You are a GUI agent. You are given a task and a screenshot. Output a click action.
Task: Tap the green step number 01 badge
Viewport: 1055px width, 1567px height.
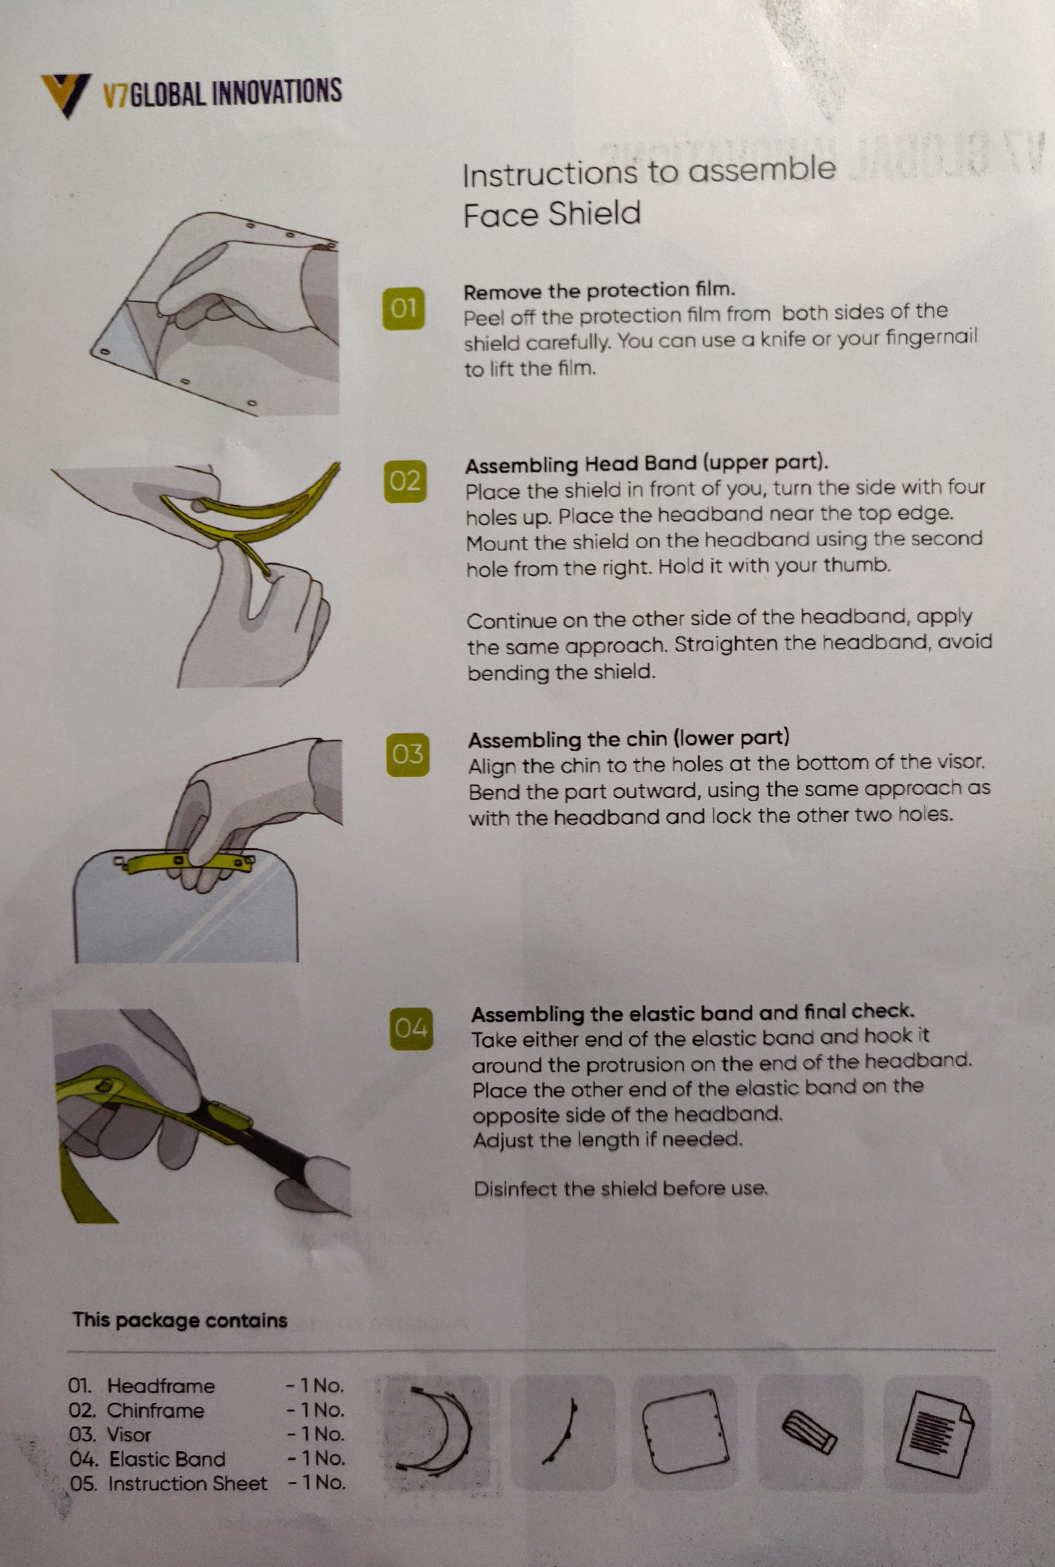click(x=404, y=309)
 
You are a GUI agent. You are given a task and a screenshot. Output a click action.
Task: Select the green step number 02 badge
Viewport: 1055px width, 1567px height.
click(x=405, y=482)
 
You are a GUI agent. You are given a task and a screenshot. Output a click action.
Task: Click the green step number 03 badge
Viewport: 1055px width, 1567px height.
click(x=408, y=755)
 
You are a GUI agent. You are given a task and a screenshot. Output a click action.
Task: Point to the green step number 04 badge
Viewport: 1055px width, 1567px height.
click(x=411, y=1028)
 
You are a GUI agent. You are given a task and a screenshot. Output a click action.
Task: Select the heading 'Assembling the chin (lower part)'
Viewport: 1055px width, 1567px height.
click(x=628, y=739)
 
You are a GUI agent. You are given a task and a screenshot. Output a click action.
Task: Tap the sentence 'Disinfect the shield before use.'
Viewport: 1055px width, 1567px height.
click(x=620, y=1188)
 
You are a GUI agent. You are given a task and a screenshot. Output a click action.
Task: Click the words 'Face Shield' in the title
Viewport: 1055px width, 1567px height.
click(x=552, y=214)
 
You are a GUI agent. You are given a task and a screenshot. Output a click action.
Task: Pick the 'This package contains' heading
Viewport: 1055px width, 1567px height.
click(x=180, y=1320)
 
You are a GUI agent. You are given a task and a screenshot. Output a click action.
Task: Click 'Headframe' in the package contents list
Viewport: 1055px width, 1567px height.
click(x=161, y=1386)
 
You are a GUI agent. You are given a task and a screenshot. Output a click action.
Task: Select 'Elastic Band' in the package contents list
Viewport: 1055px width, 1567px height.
click(x=167, y=1459)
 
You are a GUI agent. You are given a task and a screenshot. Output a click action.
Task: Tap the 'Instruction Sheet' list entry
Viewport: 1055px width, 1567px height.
click(x=188, y=1483)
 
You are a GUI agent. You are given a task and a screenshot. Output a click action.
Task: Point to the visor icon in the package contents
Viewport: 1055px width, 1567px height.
click(x=686, y=1431)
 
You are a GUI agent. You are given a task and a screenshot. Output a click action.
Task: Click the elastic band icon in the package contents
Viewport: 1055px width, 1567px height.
click(x=809, y=1432)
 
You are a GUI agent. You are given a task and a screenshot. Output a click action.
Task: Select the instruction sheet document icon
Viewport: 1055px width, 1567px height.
click(x=935, y=1433)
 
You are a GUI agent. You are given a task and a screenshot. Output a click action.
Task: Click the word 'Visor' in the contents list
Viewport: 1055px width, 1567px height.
click(x=129, y=1435)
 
